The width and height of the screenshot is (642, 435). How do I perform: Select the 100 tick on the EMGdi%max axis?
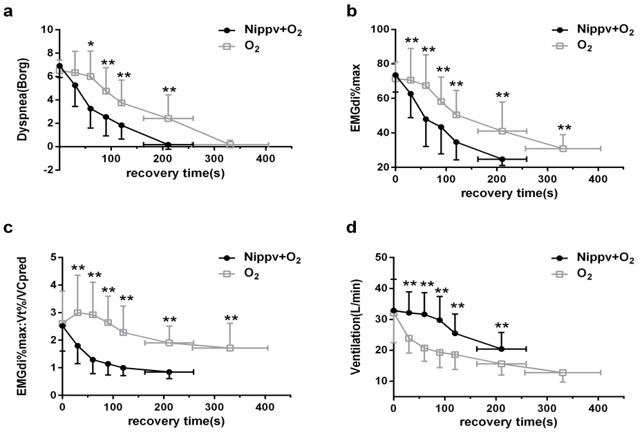click(375, 29)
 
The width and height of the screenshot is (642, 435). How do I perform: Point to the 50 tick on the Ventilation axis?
click(378, 257)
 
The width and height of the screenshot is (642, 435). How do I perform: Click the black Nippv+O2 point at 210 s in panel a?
click(168, 145)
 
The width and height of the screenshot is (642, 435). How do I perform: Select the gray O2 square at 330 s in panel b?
click(563, 149)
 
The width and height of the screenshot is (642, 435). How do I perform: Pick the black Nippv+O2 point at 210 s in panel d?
click(501, 349)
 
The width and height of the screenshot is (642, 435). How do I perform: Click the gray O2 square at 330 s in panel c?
click(230, 348)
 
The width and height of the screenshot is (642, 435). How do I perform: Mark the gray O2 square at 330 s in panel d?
click(563, 373)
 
